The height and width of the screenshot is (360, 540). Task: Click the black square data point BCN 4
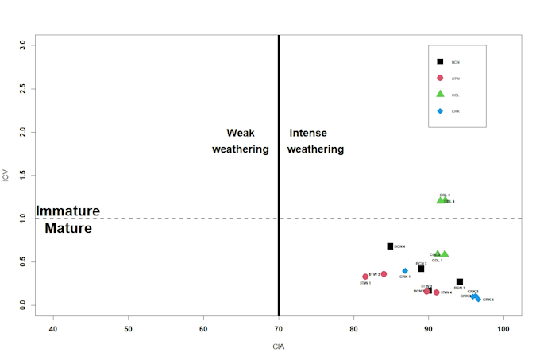point(390,246)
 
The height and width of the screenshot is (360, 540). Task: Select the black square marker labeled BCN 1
point(460,281)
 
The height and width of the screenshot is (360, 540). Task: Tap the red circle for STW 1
point(365,277)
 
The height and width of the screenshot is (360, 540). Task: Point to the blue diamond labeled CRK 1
point(405,271)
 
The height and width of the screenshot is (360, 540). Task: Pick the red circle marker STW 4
point(436,292)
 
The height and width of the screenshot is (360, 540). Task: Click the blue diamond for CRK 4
point(477,299)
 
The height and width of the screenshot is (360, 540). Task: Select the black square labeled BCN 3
point(421,269)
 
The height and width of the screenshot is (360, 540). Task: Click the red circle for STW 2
point(384,273)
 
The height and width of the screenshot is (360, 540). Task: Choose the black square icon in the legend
point(440,61)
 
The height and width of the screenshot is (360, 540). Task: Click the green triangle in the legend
point(440,95)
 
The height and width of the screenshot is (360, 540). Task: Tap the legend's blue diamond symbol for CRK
point(440,111)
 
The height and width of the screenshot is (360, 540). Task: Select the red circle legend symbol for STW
point(440,78)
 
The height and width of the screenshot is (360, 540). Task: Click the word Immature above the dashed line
point(68,211)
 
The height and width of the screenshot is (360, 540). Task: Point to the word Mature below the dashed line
point(68,229)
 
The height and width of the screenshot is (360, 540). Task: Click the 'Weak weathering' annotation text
point(241,141)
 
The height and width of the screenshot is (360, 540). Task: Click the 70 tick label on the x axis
point(279,328)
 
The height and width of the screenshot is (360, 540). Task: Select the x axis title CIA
point(279,347)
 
